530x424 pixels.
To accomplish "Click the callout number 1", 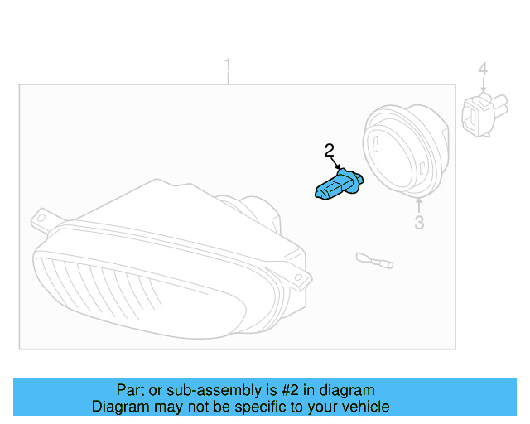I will click(229, 65).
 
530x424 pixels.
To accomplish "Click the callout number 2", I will click(330, 150).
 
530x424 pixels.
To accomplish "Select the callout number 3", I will click(419, 222).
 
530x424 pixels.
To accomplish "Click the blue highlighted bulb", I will click(337, 185).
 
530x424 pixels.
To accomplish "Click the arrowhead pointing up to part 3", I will click(419, 201).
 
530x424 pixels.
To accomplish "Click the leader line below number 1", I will click(229, 79).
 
